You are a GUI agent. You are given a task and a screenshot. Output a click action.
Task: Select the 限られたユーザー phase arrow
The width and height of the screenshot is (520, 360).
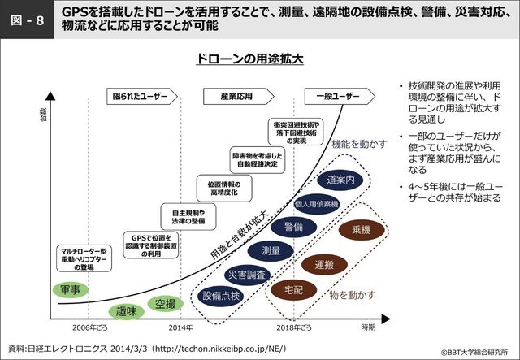coord(142,97)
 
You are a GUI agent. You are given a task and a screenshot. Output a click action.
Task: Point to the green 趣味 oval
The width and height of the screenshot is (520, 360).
coord(126,311)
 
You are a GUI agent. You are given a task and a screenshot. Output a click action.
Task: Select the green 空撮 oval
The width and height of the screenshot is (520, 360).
coord(165,305)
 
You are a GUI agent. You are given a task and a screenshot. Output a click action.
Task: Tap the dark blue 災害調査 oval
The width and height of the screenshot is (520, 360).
coord(243,274)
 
